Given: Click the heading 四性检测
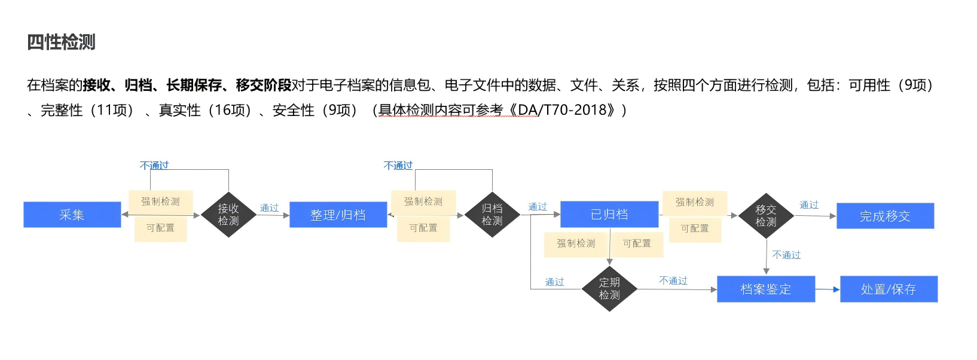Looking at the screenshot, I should (61, 42).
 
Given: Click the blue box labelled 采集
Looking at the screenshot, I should (72, 215).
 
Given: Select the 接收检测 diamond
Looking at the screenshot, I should (228, 215).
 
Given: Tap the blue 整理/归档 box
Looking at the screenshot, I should (338, 215).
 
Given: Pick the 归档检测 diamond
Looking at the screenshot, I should (492, 215).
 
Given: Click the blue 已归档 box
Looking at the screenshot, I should (609, 215).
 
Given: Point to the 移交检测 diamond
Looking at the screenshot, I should (766, 216).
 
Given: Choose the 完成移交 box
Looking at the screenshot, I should (885, 216).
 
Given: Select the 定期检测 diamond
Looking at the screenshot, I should (609, 289).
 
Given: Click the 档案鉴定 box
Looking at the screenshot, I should (765, 289).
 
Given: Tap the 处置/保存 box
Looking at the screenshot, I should (889, 289).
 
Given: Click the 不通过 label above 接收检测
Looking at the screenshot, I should (154, 165).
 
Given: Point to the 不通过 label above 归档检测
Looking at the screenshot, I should (398, 165).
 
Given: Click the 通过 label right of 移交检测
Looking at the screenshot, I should (809, 205).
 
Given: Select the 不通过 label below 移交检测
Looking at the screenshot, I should (786, 255).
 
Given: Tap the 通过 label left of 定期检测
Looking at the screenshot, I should (554, 282).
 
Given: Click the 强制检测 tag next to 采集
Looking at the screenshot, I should (160, 202).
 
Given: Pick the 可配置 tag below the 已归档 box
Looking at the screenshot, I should (637, 243).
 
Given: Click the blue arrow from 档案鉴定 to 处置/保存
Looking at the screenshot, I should (828, 289).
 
